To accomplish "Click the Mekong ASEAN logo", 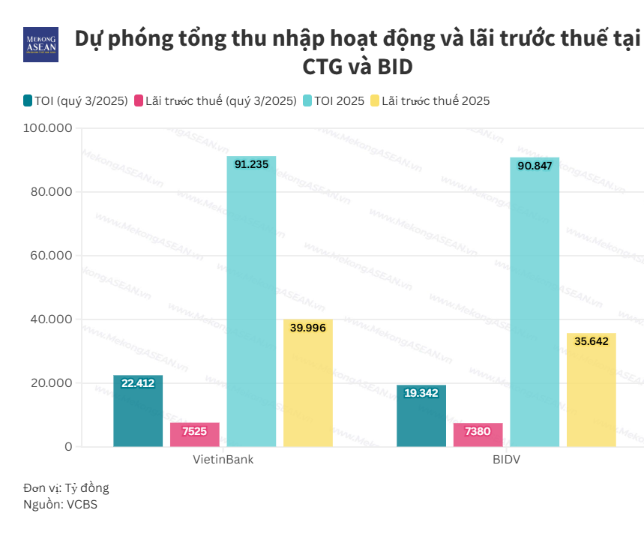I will point(41,45).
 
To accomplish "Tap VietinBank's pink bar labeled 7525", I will point(195,435).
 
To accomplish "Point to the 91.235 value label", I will point(251,163).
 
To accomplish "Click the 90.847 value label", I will point(535,165).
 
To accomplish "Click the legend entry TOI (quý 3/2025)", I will point(75,100).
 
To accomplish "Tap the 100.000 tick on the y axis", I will point(48,128).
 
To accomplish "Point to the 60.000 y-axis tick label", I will point(51,256).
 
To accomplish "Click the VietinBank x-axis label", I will point(223,459).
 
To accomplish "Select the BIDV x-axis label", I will point(506,459).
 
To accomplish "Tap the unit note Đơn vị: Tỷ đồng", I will point(66,487).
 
